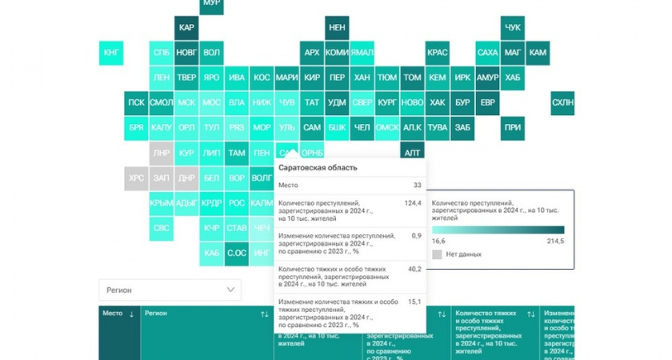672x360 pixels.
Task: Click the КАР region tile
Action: tap(186, 28)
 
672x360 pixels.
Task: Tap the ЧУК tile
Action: tap(512, 28)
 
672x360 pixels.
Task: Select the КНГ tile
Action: tap(112, 53)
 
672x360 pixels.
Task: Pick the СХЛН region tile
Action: tap(562, 102)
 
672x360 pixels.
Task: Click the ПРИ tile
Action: tap(512, 127)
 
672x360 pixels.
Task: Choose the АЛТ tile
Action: tap(412, 152)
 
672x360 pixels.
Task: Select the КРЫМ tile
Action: tap(162, 202)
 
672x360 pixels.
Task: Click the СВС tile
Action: tap(162, 227)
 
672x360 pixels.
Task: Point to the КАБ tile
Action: tap(211, 253)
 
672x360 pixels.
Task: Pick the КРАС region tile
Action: tap(437, 53)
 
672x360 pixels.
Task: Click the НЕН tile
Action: tap(337, 28)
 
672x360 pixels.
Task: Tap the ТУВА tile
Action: tap(437, 127)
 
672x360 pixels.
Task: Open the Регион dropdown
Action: tap(170, 290)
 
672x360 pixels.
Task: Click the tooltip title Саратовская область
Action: tap(318, 167)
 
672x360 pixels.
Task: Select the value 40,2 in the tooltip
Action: tap(414, 269)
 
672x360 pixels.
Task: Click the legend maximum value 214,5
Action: tap(554, 240)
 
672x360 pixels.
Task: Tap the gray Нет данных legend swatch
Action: tap(437, 254)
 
